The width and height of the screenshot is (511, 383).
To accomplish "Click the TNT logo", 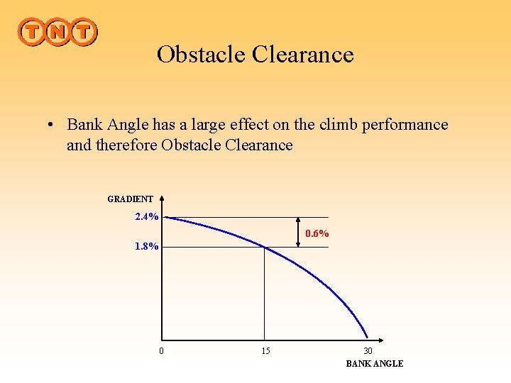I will [57, 32].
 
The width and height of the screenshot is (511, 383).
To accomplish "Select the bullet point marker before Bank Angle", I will [53, 126].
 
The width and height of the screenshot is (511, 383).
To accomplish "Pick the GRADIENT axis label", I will [130, 199].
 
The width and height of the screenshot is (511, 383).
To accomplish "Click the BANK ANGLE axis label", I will [374, 363].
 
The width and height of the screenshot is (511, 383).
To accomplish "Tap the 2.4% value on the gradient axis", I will [147, 217].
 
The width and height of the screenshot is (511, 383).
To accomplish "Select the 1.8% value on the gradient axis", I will [147, 247].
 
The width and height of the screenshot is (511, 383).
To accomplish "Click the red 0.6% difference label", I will [317, 233].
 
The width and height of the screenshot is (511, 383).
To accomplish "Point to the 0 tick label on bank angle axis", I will [161, 351].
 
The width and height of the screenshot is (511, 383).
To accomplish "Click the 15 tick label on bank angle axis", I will [265, 351].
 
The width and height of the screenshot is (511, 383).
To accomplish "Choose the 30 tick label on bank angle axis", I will [368, 351].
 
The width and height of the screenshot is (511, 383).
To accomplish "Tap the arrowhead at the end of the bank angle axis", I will [380, 340].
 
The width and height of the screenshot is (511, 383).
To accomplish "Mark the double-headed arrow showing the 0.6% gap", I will [298, 232].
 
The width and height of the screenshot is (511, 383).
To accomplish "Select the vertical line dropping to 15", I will [265, 294].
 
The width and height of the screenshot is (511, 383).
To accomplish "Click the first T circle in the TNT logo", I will [32, 32].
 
